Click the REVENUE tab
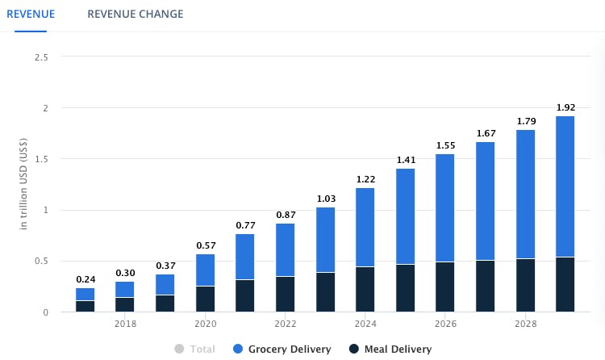31,14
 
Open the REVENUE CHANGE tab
135,14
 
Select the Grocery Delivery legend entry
282,349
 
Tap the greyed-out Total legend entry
194,349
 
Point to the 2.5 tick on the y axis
41,57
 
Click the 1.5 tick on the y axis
41,159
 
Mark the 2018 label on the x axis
125,324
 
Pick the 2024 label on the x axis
365,324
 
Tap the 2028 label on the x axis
526,324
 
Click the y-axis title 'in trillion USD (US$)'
24,185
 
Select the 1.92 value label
565,107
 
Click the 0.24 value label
86,279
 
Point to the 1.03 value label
325,198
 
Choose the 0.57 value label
206,245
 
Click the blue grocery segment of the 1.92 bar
565,186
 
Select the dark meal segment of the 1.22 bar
365,289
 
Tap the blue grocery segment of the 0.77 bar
245,257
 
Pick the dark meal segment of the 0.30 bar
125,304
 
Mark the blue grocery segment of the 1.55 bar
445,207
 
